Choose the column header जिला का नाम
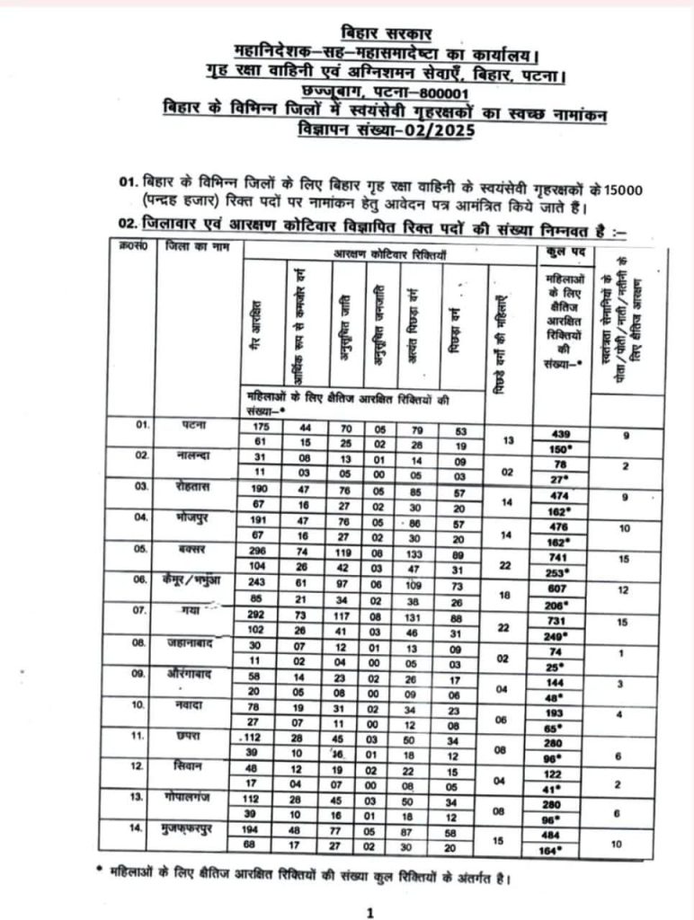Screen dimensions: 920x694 [192, 246]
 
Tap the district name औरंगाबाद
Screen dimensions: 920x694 [191, 674]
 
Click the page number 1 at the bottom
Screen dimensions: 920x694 [369, 912]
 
